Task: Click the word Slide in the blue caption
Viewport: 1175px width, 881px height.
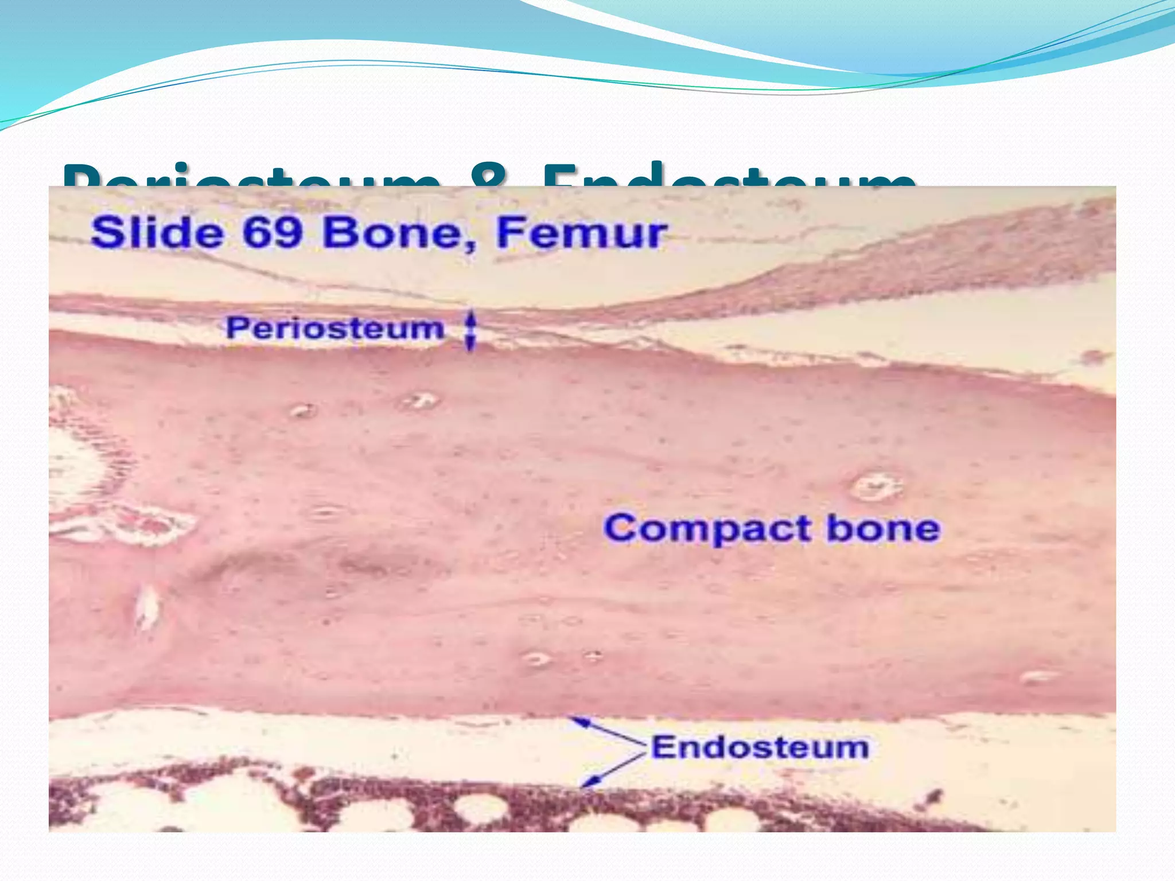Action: [x=157, y=233]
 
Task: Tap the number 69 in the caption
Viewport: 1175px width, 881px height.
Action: [x=273, y=233]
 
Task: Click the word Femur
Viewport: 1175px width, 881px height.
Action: [x=581, y=233]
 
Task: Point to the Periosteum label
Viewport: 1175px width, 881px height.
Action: [x=335, y=329]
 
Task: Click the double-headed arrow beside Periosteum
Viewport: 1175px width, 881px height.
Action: [x=470, y=331]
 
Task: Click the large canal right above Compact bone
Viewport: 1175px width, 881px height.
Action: [x=875, y=486]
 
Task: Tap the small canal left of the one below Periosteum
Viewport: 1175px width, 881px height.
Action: [x=302, y=411]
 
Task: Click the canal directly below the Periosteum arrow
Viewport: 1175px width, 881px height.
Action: [x=421, y=400]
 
